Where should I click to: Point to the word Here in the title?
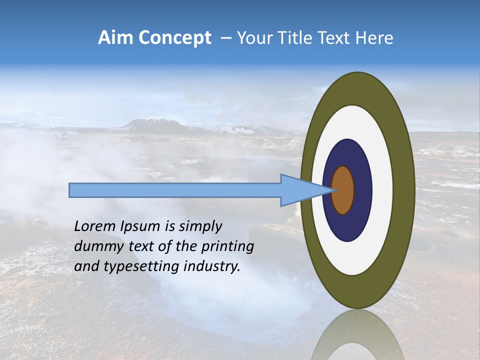click(374, 38)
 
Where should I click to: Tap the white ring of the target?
click(382, 190)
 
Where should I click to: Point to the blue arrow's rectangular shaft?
click(175, 190)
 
